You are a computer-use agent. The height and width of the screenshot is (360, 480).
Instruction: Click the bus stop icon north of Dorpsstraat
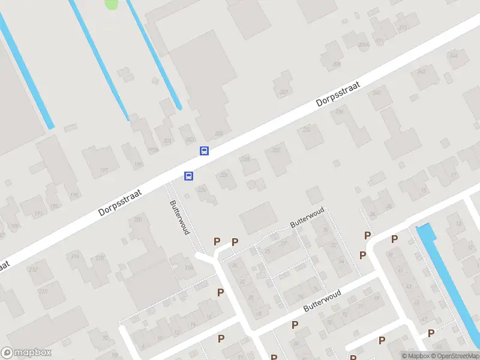tap(204, 151)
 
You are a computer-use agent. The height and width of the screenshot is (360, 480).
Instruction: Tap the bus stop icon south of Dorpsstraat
tap(188, 176)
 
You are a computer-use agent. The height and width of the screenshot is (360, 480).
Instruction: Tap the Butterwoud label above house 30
tap(307, 218)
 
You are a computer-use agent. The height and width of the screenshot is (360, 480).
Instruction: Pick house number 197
tap(104, 171)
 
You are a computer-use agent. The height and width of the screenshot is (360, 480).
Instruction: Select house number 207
tap(284, 92)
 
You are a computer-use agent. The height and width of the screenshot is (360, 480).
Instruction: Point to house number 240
tap(377, 92)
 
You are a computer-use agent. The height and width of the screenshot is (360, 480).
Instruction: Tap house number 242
tap(421, 71)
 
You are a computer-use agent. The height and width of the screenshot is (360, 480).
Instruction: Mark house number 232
tap(307, 128)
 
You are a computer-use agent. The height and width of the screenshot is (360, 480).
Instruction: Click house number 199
tap(138, 164)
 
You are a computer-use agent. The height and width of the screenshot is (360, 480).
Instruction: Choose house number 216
tap(76, 257)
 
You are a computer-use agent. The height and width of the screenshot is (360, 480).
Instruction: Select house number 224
tap(202, 189)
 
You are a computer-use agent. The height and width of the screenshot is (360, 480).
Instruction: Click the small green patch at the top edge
tap(112, 4)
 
